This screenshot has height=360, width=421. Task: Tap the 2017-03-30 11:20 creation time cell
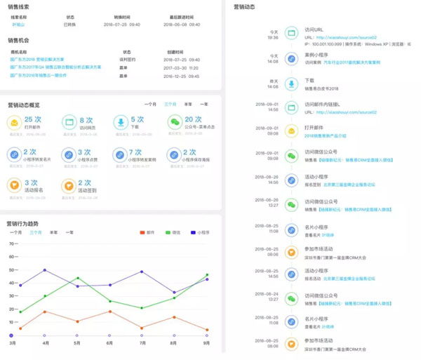point(182,67)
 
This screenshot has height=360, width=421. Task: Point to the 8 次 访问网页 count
point(86,120)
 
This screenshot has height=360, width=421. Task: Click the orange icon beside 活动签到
point(68,186)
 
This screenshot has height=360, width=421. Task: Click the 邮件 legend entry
point(148,232)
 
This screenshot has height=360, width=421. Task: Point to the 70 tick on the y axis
point(12,244)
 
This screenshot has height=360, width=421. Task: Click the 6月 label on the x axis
point(110,343)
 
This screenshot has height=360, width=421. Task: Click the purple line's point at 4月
point(45,270)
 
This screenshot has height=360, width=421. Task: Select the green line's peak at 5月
point(77,278)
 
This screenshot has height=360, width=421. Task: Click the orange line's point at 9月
point(207,330)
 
